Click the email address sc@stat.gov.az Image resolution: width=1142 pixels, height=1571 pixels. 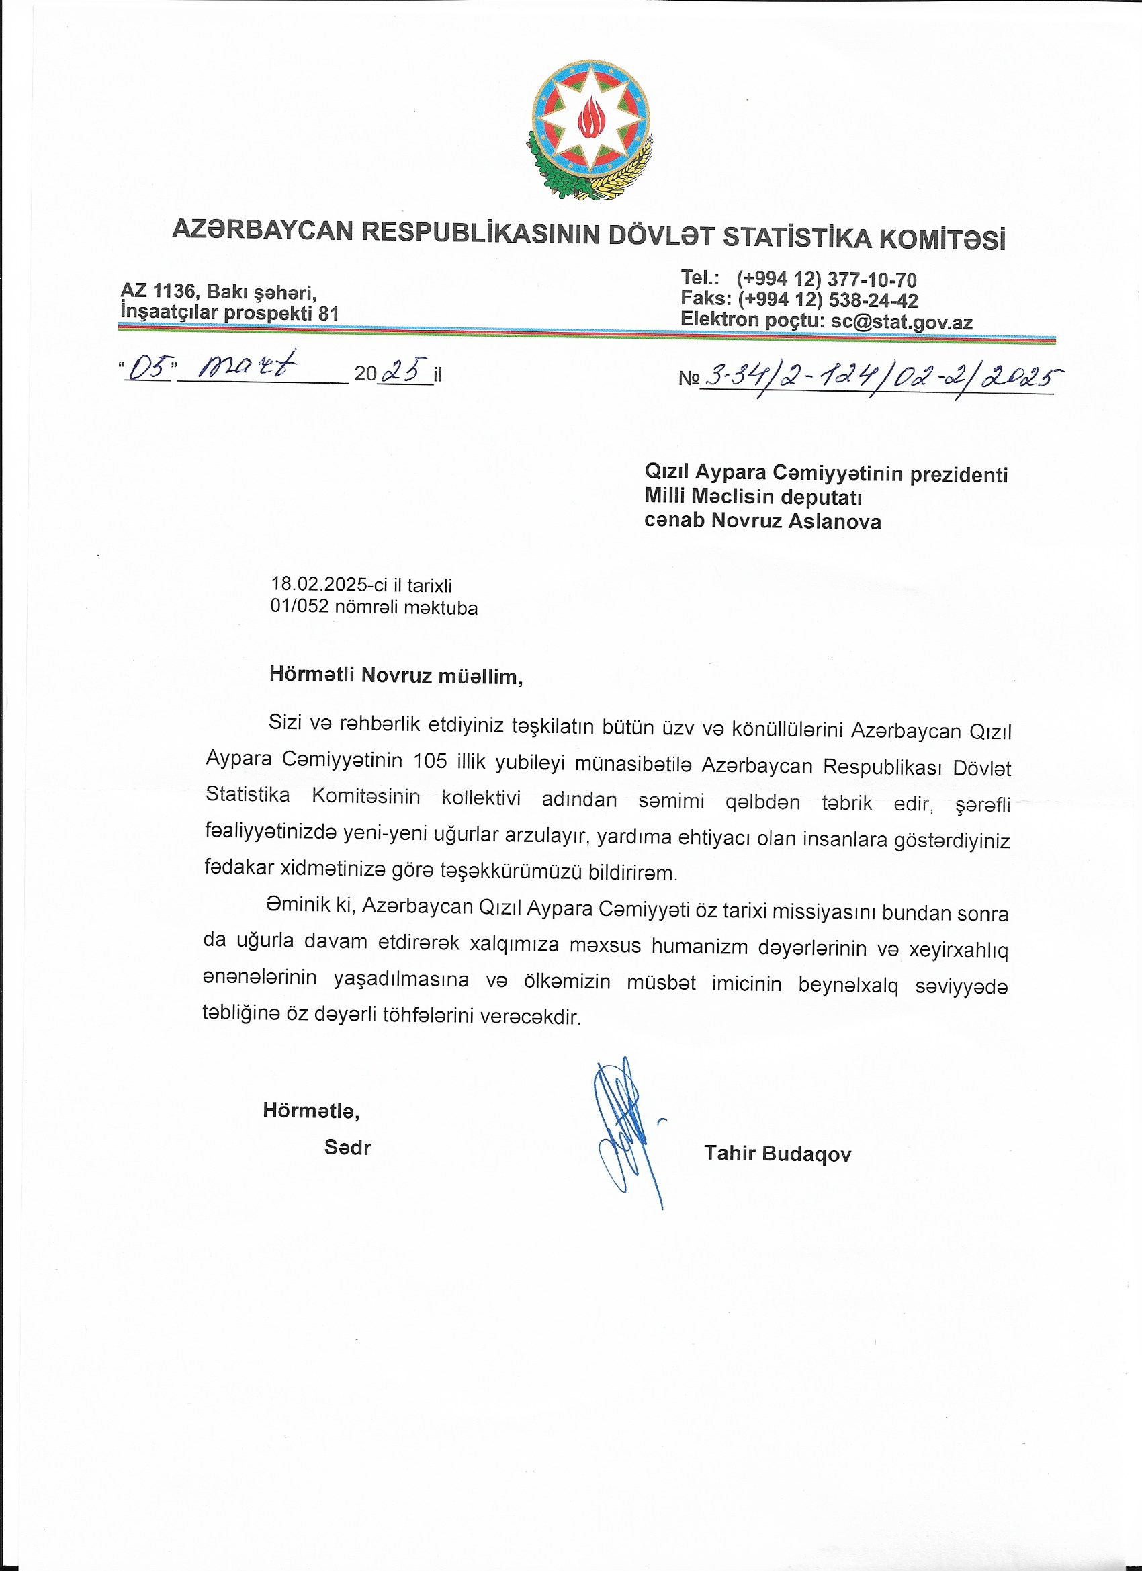point(902,322)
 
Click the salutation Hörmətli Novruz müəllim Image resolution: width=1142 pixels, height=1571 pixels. point(396,675)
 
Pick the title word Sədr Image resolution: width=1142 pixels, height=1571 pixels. point(348,1148)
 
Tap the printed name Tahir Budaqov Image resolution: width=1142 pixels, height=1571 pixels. point(778,1154)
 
